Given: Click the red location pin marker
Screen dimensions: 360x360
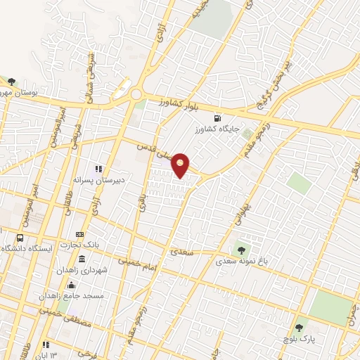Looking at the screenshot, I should click(x=181, y=165).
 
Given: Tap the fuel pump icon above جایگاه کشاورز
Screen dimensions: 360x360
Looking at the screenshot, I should click(x=217, y=117).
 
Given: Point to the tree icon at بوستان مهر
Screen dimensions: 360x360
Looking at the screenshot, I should click(x=10, y=82).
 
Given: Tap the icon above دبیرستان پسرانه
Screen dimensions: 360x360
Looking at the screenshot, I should click(x=99, y=169).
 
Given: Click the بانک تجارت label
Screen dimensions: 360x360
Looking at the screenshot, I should click(x=79, y=245).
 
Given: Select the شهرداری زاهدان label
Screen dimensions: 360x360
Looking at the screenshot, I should click(x=79, y=270).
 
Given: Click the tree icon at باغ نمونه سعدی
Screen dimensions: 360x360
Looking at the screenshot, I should click(x=242, y=248).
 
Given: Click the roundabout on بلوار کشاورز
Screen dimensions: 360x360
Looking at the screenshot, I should click(x=136, y=95).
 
